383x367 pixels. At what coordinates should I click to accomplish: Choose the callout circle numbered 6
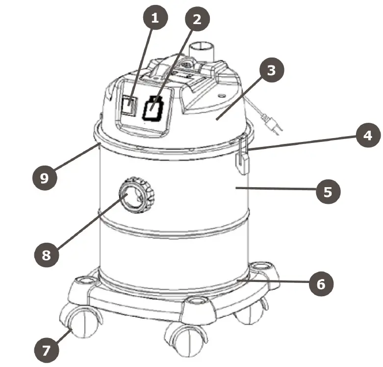tap(321, 283)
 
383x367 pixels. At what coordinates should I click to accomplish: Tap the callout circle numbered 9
tap(45, 177)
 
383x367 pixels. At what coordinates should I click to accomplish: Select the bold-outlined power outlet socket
tap(153, 108)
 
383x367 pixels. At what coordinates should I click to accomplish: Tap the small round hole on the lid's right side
tap(224, 92)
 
